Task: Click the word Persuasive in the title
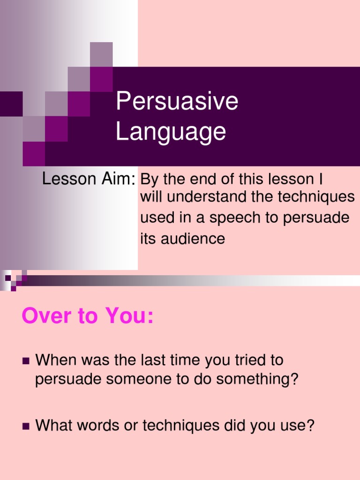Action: click(177, 102)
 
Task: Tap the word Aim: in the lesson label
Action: click(120, 179)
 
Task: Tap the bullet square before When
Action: click(25, 361)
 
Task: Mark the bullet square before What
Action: click(25, 426)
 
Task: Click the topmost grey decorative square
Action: click(101, 54)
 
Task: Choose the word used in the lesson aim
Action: click(156, 218)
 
